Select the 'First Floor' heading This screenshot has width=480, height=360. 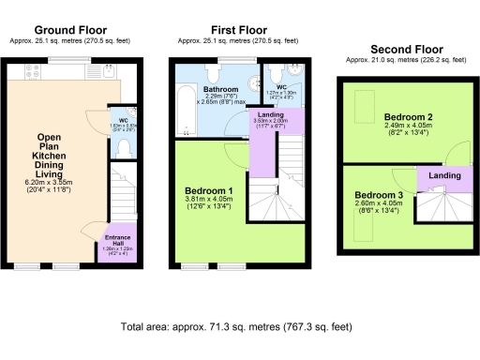[238, 31]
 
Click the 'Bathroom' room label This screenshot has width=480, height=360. [220, 89]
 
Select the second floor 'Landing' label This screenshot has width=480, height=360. [444, 175]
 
